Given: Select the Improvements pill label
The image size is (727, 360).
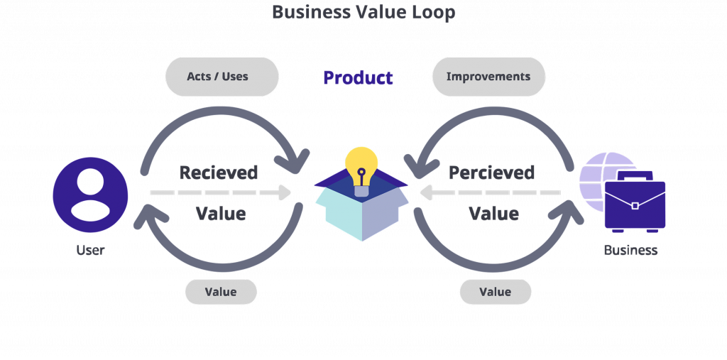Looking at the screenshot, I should [x=488, y=76].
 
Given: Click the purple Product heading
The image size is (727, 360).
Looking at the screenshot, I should [x=358, y=77].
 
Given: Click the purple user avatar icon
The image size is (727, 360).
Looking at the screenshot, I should [x=90, y=195].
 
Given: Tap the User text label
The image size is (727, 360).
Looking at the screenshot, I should [x=90, y=250].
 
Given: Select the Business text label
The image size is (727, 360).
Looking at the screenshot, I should [x=630, y=250].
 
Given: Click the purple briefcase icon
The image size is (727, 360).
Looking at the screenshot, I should [x=635, y=203].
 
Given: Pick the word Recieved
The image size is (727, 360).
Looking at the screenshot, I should [x=218, y=173].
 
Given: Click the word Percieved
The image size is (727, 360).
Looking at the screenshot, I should [x=491, y=173].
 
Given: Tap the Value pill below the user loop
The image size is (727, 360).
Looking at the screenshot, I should [x=220, y=292].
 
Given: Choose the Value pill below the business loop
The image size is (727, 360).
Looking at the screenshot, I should [x=495, y=292].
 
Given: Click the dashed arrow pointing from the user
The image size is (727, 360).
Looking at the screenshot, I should [x=220, y=192].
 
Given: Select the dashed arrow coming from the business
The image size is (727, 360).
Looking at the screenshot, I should [x=490, y=192].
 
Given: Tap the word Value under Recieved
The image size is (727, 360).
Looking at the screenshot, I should [x=221, y=214].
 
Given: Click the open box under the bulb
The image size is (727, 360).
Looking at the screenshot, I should [x=361, y=214].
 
